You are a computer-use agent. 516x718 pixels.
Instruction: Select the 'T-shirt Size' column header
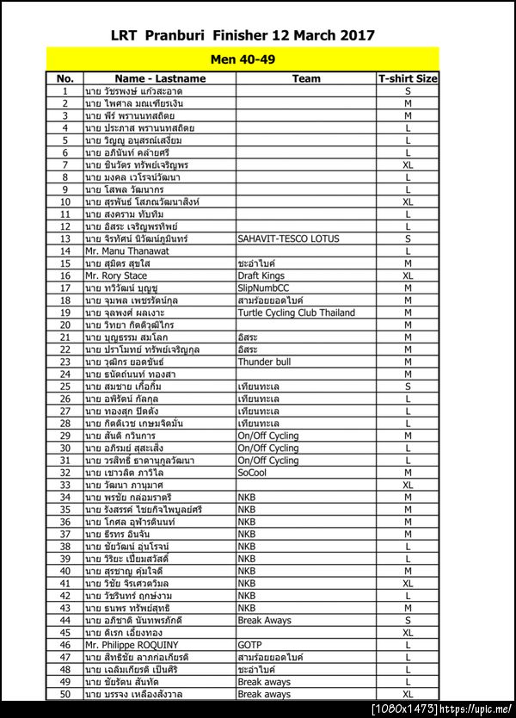408,78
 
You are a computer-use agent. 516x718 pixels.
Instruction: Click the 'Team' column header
306,78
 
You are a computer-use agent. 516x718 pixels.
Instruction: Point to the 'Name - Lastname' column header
160,78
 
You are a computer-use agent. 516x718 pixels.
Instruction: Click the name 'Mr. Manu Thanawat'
126,251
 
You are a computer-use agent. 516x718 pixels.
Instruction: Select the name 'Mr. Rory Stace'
116,275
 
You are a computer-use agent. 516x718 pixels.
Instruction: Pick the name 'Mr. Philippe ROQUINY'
132,645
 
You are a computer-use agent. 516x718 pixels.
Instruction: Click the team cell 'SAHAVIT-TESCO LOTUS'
288,238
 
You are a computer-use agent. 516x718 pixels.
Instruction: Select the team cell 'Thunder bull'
265,362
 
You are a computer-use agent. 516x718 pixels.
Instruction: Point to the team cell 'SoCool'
253,473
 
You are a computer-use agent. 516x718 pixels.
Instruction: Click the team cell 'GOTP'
249,645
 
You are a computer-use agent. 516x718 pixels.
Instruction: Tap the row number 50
65,694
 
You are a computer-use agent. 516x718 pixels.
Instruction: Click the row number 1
65,90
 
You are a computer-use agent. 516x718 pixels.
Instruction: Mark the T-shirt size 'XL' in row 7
408,164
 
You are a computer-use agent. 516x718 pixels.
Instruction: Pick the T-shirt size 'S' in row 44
408,620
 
